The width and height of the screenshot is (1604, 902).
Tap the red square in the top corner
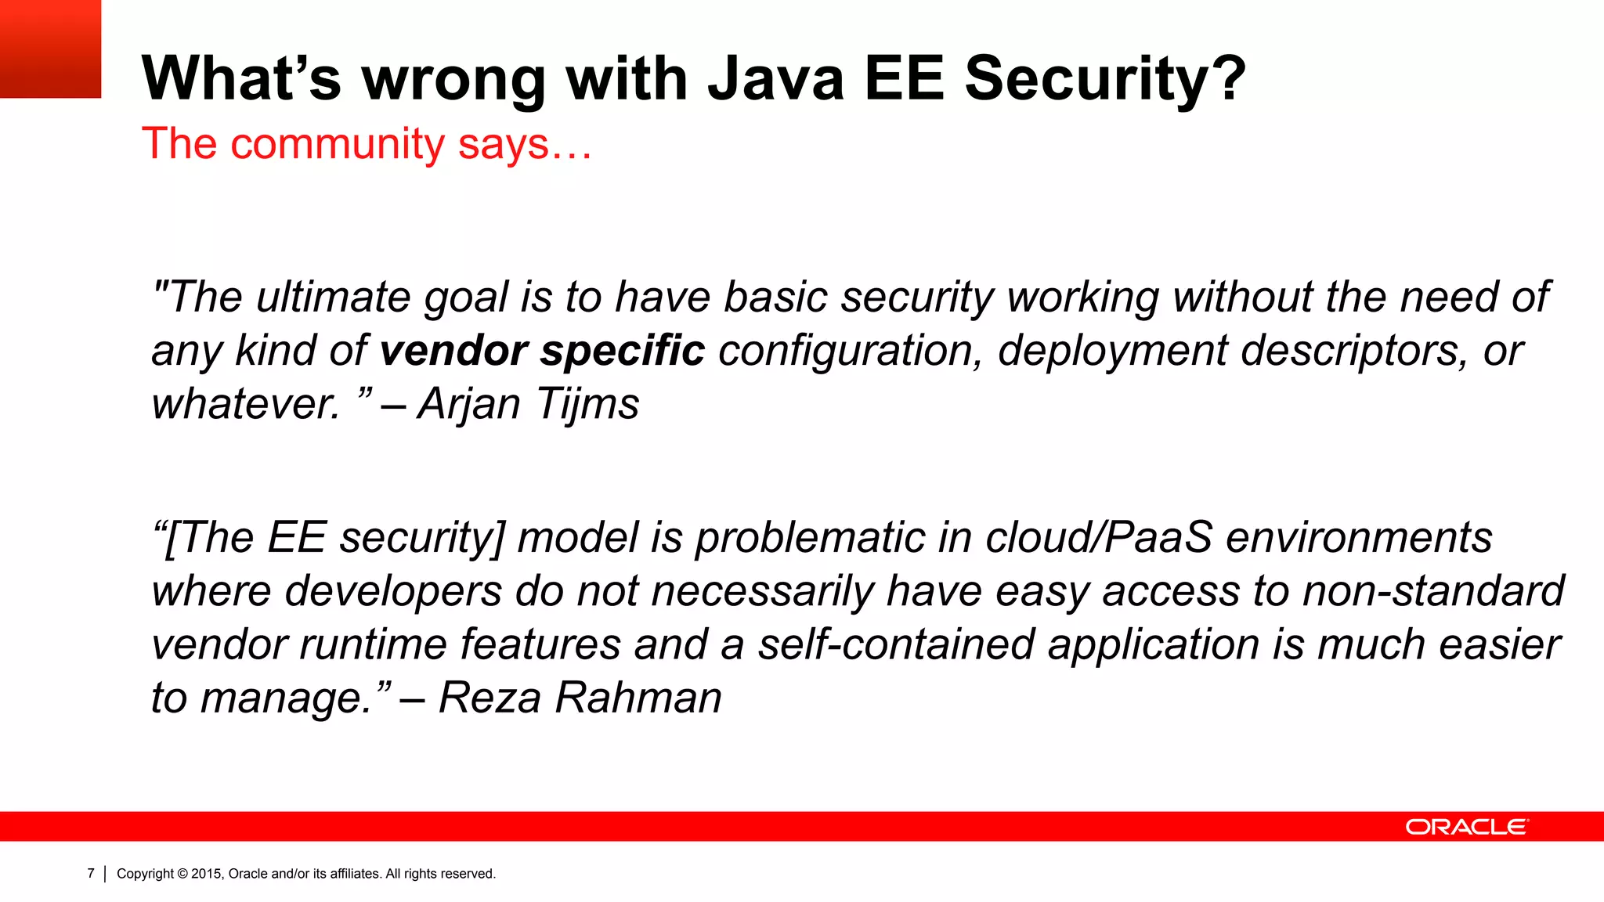pos(50,49)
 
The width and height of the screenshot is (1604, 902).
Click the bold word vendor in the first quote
pos(453,350)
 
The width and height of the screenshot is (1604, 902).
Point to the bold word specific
pos(623,352)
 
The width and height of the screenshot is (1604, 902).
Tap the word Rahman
pos(638,698)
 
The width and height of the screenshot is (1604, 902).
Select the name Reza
pos(490,698)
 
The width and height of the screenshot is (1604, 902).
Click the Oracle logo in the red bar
pos(1466,827)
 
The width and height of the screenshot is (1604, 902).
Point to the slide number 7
pos(91,873)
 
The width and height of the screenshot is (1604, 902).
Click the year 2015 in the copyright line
pos(207,874)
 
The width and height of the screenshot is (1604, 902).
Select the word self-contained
pos(897,644)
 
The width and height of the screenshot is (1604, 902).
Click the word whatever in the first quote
pos(245,405)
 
